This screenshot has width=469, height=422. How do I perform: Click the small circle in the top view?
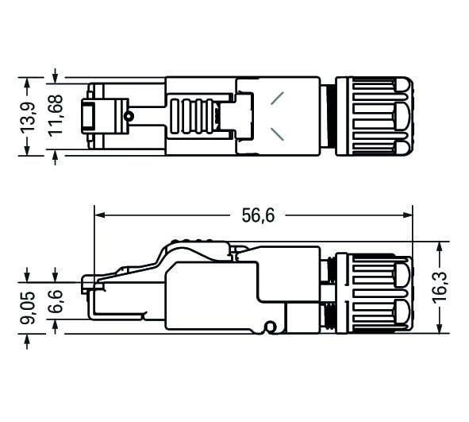[128, 117]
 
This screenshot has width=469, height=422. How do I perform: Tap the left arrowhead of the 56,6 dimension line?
[99, 215]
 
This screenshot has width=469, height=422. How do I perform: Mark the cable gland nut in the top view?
[372, 116]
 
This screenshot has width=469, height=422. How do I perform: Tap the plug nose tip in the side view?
[86, 281]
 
